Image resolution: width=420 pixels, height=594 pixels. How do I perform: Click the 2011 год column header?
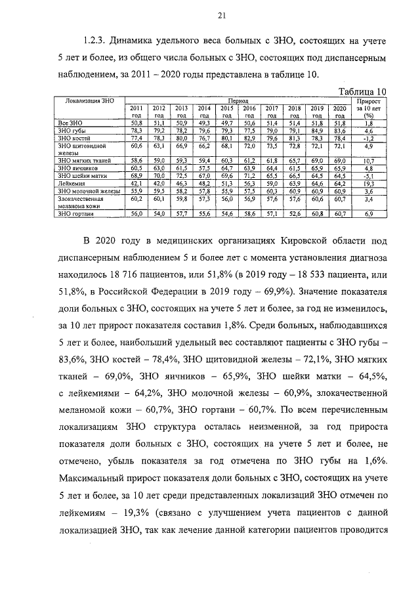(136, 111)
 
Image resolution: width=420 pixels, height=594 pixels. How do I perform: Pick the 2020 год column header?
(339, 111)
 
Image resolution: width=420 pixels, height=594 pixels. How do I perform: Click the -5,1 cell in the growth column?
(368, 177)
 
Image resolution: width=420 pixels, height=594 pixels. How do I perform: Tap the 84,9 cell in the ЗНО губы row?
(317, 131)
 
